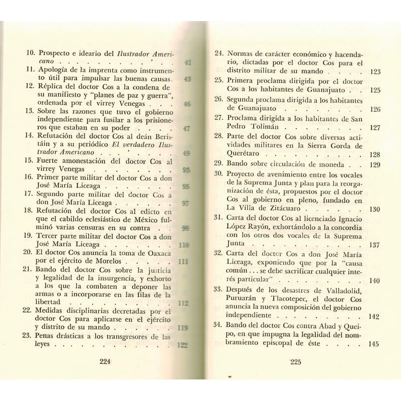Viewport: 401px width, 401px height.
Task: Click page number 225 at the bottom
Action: point(298,362)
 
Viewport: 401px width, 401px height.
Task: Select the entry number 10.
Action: point(31,52)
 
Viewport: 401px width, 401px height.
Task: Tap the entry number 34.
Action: point(219,324)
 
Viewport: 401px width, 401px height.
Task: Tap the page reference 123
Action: point(374,72)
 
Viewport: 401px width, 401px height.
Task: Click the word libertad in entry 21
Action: point(53,302)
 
